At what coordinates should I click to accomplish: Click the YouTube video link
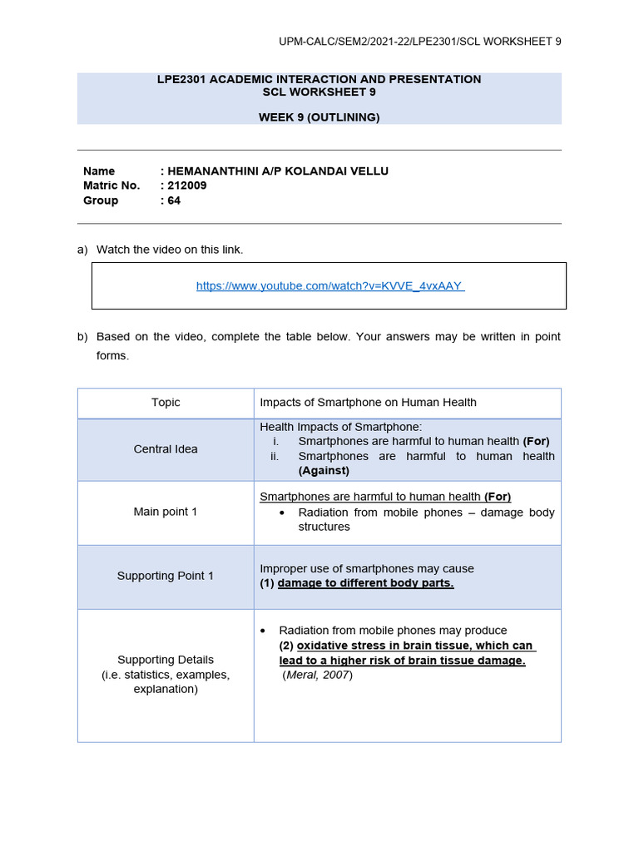329,286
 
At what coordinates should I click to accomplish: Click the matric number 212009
186,186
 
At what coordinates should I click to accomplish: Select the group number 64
173,201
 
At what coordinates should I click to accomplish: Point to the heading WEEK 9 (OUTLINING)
319,117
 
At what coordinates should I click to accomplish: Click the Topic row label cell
166,403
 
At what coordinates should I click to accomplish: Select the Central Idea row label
166,449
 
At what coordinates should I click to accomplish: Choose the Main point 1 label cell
166,513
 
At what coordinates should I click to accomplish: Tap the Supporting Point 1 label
166,576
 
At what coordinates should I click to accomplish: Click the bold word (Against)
324,470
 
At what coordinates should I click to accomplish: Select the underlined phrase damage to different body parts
365,583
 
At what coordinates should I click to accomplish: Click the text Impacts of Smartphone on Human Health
368,403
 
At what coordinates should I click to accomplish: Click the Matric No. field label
111,186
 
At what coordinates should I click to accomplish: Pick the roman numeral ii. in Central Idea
275,456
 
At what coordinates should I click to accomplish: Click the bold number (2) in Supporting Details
286,646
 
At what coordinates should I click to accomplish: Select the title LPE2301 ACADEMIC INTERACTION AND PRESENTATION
319,79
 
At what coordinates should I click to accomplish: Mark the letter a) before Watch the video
82,250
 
